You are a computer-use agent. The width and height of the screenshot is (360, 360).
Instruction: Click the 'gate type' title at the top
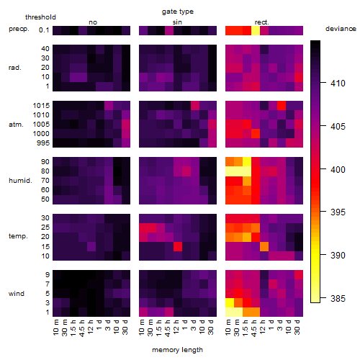(178, 12)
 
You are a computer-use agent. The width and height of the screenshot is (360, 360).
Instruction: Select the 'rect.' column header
(262, 22)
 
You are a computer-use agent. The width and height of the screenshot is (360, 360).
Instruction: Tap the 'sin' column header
(177, 22)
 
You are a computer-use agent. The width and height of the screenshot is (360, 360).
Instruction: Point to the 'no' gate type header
(93, 22)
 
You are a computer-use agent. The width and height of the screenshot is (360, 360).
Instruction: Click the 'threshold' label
(40, 17)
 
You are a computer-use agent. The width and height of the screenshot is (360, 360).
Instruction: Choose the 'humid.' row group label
(20, 181)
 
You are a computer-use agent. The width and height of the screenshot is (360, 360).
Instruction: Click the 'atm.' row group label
(16, 125)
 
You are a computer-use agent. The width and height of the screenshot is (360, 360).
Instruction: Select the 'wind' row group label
(17, 294)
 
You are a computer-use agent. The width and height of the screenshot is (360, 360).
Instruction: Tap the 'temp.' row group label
(18, 236)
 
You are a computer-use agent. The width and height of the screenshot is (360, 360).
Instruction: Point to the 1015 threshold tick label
(41, 106)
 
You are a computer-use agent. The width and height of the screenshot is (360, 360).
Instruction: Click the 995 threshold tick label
(43, 143)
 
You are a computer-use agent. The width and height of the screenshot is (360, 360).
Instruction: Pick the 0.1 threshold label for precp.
(44, 30)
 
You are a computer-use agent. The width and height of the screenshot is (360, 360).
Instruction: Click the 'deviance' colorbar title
(341, 29)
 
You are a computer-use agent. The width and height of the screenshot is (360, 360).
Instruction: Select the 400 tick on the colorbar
(338, 169)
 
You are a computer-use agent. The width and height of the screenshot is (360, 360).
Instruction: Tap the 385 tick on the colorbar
(338, 299)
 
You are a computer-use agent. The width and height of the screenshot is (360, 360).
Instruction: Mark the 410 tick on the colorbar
(338, 84)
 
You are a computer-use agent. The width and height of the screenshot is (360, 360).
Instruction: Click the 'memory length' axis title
(177, 350)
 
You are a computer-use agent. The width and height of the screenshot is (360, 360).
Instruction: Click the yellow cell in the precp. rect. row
(256, 31)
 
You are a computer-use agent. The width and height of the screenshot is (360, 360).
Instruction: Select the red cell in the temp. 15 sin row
(178, 246)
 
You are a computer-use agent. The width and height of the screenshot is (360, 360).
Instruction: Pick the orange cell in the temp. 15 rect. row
(264, 246)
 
